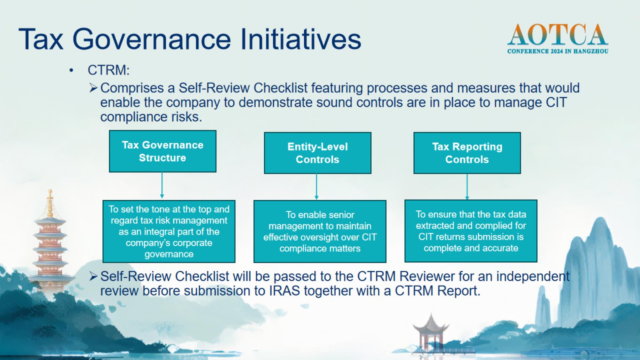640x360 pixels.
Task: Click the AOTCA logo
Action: click(558, 39)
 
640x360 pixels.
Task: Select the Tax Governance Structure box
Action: click(163, 151)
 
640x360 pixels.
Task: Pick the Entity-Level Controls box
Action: click(317, 153)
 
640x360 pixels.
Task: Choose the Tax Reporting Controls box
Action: click(467, 153)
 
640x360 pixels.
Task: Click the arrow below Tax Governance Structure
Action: click(162, 185)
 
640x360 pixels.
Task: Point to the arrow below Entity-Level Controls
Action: click(316, 187)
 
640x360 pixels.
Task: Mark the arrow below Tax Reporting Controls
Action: click(467, 187)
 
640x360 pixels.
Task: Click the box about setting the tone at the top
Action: click(169, 231)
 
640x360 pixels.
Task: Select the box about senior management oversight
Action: click(320, 231)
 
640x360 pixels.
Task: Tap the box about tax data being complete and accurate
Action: click(471, 231)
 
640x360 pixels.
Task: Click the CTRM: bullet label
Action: click(109, 70)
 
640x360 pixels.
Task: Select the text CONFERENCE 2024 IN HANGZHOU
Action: click(558, 51)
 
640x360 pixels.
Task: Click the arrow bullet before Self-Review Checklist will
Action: click(93, 276)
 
